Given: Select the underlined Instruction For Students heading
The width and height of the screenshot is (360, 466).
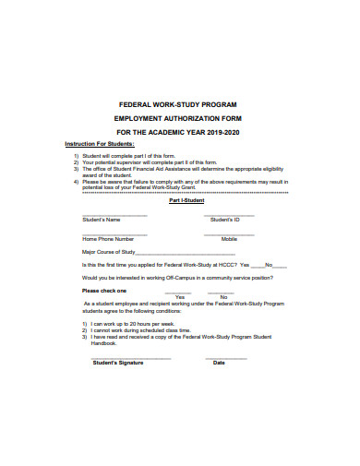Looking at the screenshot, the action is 100,146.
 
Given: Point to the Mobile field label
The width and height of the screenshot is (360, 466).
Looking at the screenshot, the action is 228,239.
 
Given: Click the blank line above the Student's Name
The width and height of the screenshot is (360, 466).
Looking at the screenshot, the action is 114,215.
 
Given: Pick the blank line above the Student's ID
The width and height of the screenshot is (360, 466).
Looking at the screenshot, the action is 229,215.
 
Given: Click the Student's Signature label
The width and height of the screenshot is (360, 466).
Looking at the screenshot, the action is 118,363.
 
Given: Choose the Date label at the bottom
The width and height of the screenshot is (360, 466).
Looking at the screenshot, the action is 219,363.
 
